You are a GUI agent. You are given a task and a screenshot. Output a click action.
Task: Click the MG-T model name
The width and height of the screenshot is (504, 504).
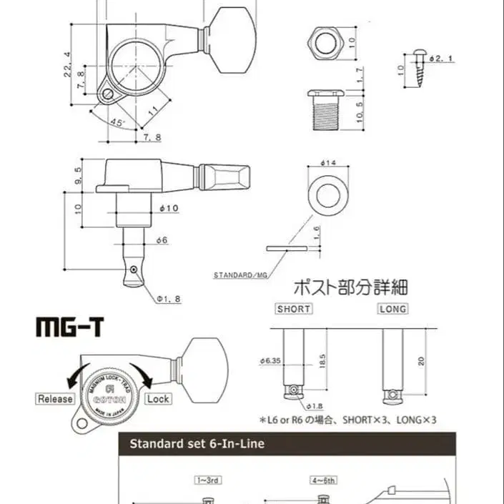[x=69, y=327]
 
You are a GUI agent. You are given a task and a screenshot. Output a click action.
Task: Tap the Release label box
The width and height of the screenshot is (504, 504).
[x=55, y=399]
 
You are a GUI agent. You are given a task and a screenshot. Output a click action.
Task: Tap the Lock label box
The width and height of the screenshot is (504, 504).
[x=158, y=399]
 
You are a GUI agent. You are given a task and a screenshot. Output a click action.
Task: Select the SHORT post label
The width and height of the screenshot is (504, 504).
[x=293, y=309]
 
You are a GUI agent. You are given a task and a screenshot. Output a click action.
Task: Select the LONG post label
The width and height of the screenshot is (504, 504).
[x=392, y=309]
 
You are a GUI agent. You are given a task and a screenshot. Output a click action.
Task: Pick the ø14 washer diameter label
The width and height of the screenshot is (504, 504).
[x=329, y=163]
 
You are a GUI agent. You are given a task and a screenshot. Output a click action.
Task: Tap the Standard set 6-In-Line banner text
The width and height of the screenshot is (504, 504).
[x=197, y=444]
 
